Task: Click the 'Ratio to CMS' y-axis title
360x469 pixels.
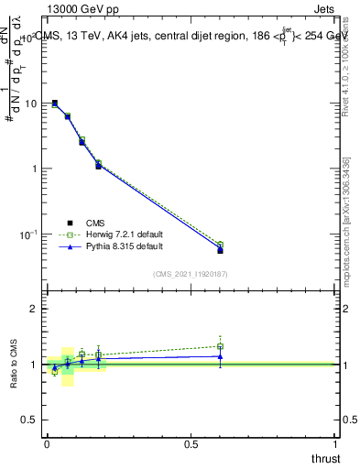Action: [x=14, y=364]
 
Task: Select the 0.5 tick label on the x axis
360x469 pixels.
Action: [x=191, y=443]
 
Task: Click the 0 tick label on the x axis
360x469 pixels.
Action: [x=47, y=443]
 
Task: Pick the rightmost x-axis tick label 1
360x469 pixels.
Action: [x=335, y=443]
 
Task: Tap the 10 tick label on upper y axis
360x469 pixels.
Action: [x=30, y=104]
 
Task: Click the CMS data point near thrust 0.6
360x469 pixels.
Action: [x=220, y=250]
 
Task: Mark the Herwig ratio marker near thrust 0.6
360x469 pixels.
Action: [x=220, y=347]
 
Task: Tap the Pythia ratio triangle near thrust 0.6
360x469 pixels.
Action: [x=220, y=356]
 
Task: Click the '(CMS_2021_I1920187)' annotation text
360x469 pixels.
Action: [x=191, y=273]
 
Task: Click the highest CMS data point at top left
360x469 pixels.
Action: [x=55, y=104]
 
